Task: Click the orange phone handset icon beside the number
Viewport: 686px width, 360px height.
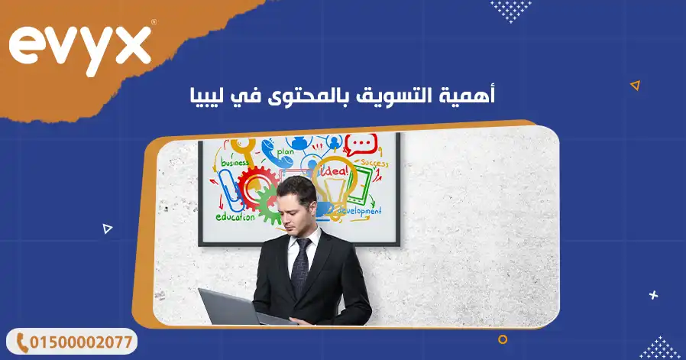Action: (x=22, y=342)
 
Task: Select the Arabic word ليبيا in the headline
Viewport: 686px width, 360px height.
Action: (x=208, y=96)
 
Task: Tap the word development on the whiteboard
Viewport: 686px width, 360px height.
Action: (x=358, y=210)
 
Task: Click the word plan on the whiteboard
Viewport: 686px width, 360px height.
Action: (x=286, y=151)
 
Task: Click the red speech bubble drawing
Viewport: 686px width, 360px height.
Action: (x=361, y=144)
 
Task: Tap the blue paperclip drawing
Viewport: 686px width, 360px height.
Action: (x=228, y=188)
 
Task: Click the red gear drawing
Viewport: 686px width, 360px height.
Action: (x=254, y=186)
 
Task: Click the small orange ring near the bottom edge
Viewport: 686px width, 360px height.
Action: (x=502, y=339)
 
